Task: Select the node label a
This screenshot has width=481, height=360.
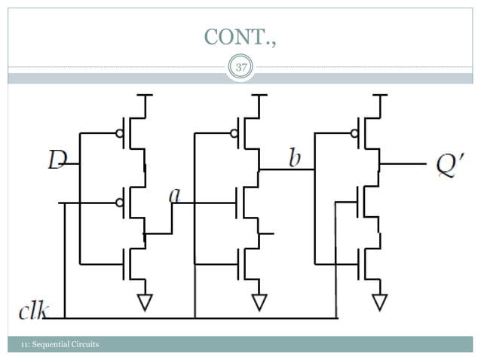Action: (x=175, y=195)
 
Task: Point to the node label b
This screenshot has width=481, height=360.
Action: (x=295, y=158)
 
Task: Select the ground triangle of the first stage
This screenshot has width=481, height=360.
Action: (x=144, y=302)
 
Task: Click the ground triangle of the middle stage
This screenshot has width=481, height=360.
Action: (x=259, y=302)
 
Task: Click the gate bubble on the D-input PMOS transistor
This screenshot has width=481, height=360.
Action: (x=119, y=133)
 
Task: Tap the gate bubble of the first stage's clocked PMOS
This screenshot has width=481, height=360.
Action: (x=119, y=203)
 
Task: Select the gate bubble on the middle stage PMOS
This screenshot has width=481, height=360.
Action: (x=234, y=133)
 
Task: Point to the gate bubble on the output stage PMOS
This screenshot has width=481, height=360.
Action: (x=354, y=133)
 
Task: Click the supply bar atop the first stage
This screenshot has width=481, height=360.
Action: (x=144, y=95)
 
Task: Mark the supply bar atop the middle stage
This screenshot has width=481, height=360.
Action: (x=259, y=95)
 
